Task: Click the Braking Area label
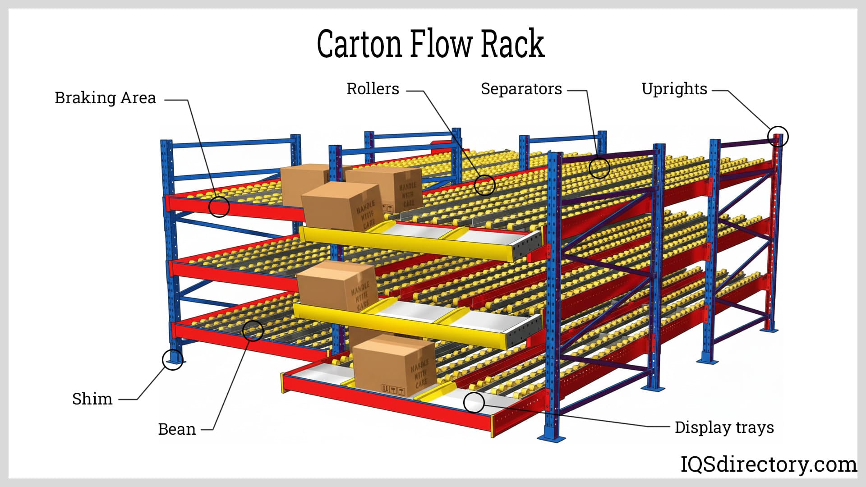[x=105, y=98]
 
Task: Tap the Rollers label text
[x=373, y=89]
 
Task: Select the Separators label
[x=521, y=89]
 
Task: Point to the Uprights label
[x=674, y=89]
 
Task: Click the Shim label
[x=92, y=399]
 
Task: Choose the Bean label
[x=177, y=429]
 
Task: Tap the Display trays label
[x=724, y=427]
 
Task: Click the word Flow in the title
[x=441, y=44]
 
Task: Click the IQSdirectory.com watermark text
[x=768, y=464]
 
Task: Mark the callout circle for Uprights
[x=778, y=136]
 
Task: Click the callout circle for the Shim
[x=172, y=359]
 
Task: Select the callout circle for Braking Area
[x=219, y=207]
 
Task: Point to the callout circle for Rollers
[x=485, y=185]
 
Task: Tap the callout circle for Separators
[x=599, y=168]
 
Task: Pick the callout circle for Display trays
[x=474, y=402]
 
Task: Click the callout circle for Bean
[x=253, y=331]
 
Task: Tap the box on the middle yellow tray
[x=336, y=287]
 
